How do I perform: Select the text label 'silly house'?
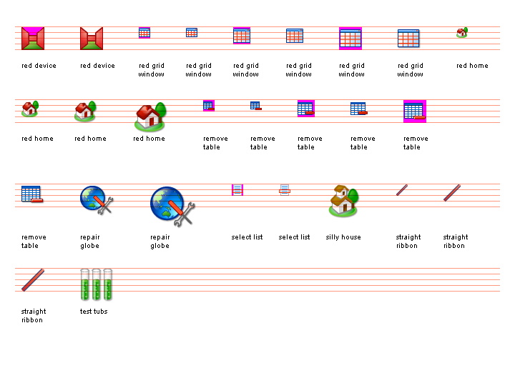[343, 237]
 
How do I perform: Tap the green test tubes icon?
[97, 284]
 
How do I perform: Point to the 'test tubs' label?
[94, 312]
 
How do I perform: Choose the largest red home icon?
[149, 116]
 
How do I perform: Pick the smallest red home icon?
[462, 32]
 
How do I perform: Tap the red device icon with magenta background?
[33, 38]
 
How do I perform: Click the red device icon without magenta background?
[92, 38]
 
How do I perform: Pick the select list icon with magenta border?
[237, 189]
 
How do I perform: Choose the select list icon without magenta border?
[285, 189]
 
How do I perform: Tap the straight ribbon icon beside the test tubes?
[33, 280]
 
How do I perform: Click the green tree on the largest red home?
[160, 109]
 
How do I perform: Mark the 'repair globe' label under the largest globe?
[160, 242]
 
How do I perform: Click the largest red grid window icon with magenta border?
[350, 38]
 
